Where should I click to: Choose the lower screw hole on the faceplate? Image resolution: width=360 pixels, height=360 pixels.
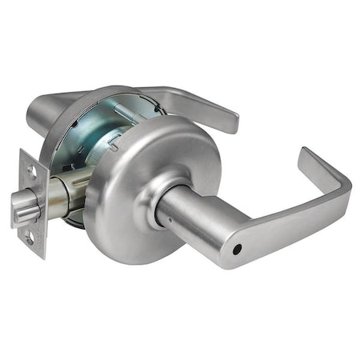30,238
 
